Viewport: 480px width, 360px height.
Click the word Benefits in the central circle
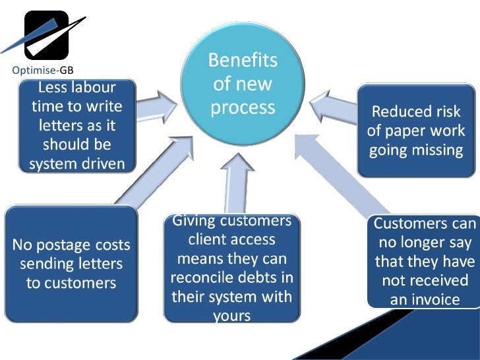tap(243, 61)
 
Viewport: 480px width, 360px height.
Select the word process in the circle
tap(243, 107)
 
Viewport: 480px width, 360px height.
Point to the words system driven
tap(76, 163)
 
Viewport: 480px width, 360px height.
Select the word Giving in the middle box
tap(194, 220)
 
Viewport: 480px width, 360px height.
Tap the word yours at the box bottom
tap(231, 316)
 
